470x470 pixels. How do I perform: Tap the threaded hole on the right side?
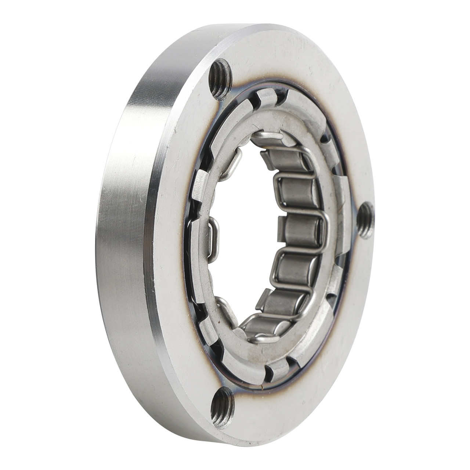(x=366, y=221)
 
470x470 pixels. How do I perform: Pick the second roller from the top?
(x=294, y=189)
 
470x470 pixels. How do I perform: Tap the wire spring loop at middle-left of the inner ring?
(x=213, y=239)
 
